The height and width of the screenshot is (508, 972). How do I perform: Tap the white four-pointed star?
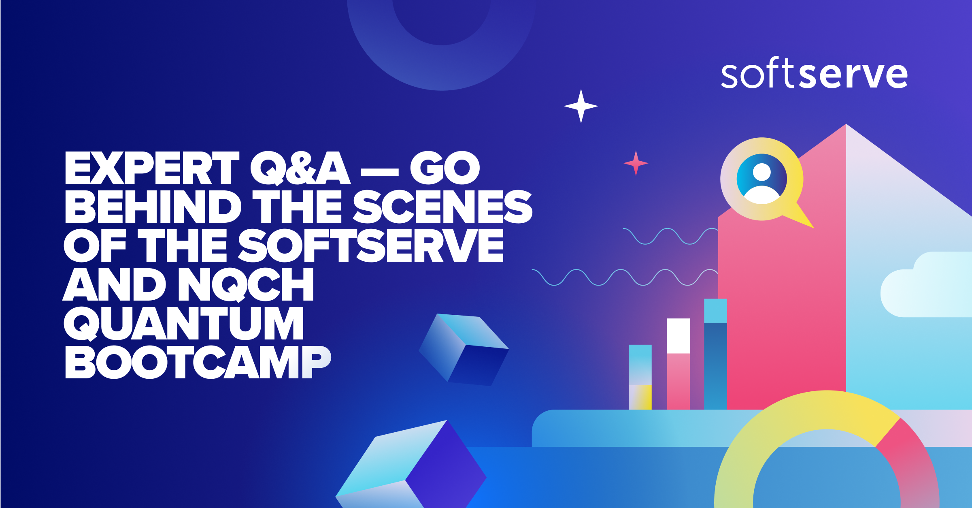click(x=581, y=106)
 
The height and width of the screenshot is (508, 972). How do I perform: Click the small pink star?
click(x=636, y=163)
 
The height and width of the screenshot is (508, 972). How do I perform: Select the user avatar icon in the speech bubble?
click(x=761, y=179)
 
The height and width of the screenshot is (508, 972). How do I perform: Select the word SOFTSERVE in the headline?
click(x=370, y=245)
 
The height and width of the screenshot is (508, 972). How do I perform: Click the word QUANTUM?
click(x=183, y=323)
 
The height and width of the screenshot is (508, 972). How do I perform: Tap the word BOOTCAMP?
click(x=198, y=362)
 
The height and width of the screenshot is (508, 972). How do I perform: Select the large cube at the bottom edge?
click(x=413, y=466)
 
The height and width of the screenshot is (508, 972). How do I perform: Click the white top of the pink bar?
click(x=678, y=335)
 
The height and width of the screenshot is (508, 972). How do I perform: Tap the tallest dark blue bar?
click(x=715, y=365)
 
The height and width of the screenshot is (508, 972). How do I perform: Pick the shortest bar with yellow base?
click(x=640, y=377)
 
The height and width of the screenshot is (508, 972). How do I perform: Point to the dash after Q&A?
click(x=379, y=172)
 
